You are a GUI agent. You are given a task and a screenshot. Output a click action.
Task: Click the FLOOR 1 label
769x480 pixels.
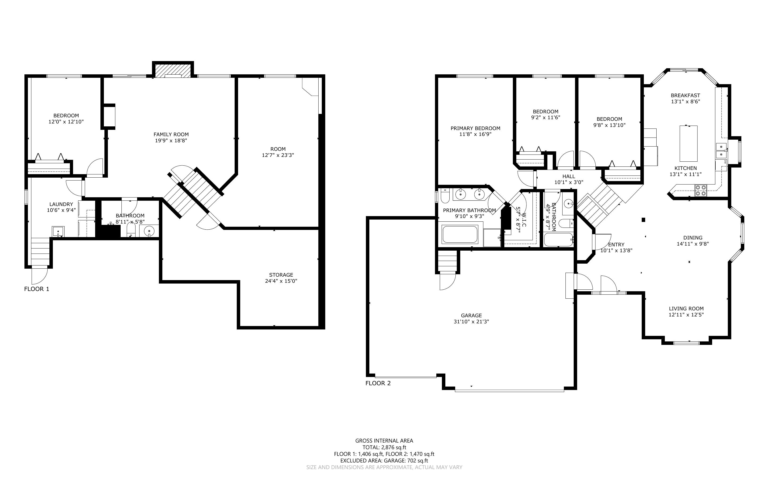(x=36, y=289)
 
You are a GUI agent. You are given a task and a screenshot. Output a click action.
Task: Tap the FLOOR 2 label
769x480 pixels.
(x=378, y=383)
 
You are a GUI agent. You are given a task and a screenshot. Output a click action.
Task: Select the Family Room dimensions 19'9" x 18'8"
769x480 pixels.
(x=171, y=140)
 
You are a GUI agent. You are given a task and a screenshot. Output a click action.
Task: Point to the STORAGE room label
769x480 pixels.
(x=281, y=275)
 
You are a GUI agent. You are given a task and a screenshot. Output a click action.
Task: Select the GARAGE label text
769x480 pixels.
(x=471, y=316)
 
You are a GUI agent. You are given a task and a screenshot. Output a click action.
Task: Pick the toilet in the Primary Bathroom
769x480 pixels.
(x=444, y=196)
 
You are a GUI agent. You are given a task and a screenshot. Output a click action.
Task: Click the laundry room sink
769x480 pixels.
(x=58, y=232)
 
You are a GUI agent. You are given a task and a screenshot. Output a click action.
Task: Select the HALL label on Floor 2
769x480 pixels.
(x=569, y=177)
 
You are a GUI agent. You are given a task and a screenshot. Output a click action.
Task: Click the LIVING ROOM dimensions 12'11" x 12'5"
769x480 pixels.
(x=686, y=315)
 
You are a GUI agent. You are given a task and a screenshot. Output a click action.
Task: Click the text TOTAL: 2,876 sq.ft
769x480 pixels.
(x=384, y=447)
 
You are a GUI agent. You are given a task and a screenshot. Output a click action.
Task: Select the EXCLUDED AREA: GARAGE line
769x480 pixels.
(x=384, y=461)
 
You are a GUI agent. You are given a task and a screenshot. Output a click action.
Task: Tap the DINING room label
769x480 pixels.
(x=693, y=238)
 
